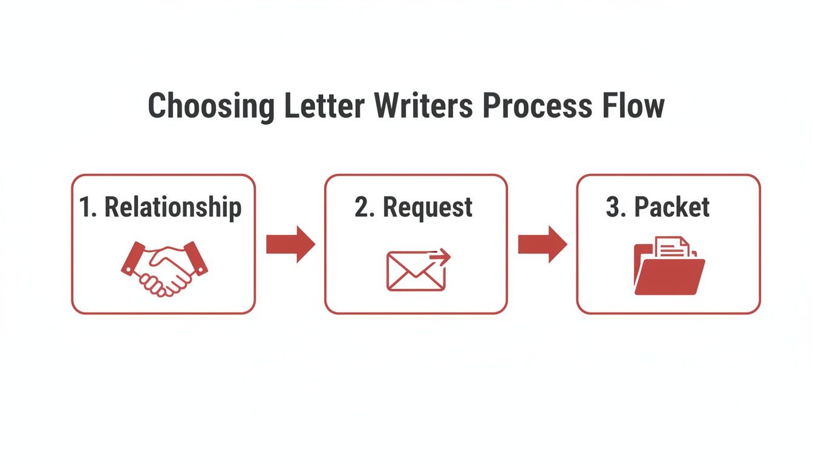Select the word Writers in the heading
(x=423, y=106)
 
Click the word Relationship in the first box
(x=173, y=207)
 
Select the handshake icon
(x=164, y=268)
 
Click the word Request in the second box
(x=428, y=207)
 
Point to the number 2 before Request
(x=362, y=207)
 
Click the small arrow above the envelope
(x=440, y=258)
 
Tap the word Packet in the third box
(x=671, y=207)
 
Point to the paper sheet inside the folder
(x=672, y=248)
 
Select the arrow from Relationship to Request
(x=290, y=245)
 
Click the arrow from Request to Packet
(x=543, y=245)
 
